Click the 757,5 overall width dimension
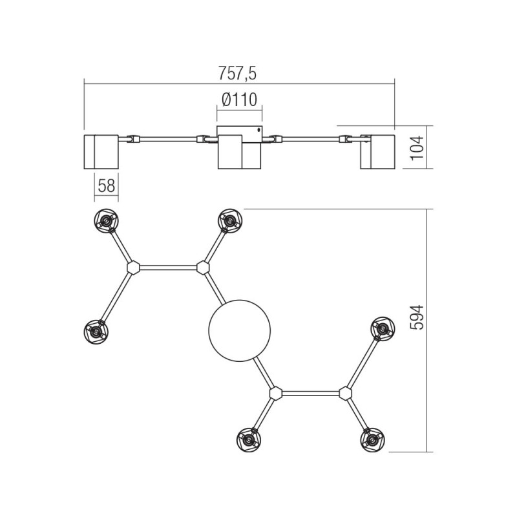tap(239, 74)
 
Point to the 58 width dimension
tap(107, 186)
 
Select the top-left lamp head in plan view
tap(105, 222)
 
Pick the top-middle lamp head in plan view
tap(228, 221)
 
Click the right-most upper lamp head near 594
tap(382, 329)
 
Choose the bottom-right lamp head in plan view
tap(371, 439)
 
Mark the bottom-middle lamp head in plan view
tap(248, 440)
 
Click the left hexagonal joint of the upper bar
tap(133, 266)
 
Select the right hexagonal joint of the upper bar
tap(203, 266)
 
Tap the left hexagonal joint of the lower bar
tap(276, 393)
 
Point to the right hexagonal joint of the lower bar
tap(345, 393)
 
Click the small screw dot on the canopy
tap(259, 129)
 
